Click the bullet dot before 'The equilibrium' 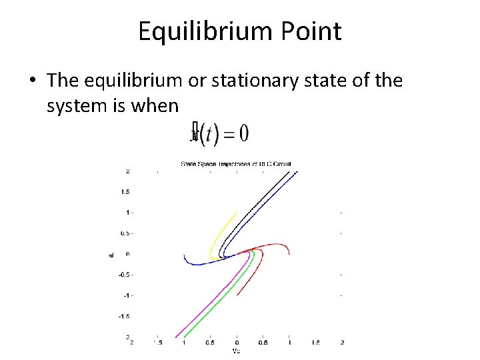(32, 81)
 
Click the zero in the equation (243, 133)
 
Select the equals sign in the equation (227, 133)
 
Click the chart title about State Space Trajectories (237, 163)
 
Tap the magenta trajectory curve (200, 307)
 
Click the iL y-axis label (111, 254)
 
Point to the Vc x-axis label (236, 350)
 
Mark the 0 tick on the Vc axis (237, 343)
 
